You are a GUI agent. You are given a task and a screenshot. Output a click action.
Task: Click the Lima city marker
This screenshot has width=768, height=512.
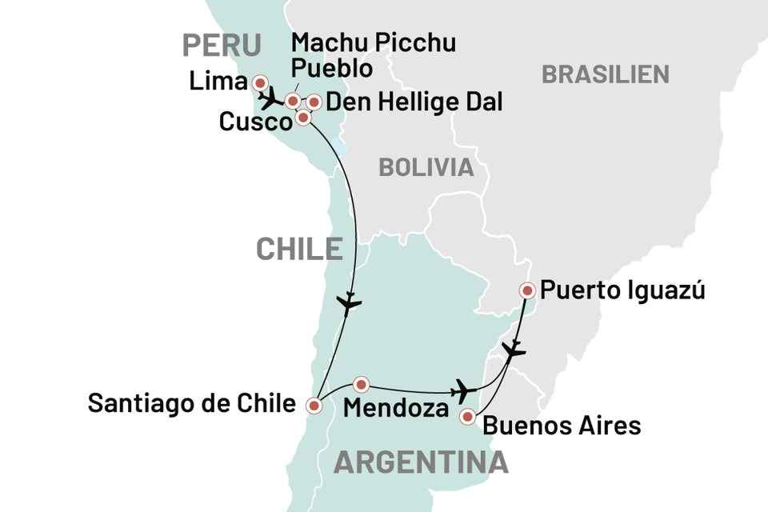[260, 83]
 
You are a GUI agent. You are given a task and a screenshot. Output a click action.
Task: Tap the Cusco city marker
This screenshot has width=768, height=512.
[303, 118]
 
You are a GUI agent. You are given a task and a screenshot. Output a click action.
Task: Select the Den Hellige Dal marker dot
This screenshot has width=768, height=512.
[314, 102]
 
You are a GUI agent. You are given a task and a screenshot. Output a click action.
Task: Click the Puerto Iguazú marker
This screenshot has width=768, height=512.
[527, 290]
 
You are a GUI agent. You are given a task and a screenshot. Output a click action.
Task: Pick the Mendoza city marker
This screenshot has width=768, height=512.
[361, 384]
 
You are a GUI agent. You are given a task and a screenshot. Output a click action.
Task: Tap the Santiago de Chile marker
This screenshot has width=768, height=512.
[314, 406]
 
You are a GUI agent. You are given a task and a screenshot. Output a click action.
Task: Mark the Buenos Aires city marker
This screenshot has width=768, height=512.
[467, 416]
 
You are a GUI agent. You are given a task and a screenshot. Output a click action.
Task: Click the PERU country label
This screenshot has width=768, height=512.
[221, 46]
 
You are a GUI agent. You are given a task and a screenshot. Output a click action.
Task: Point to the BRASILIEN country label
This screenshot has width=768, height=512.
[606, 74]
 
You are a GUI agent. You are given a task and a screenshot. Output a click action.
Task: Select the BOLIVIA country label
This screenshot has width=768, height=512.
[426, 168]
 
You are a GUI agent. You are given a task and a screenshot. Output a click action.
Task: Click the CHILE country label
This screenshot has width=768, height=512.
[298, 249]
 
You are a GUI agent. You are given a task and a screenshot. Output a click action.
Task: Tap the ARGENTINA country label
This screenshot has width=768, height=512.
[422, 462]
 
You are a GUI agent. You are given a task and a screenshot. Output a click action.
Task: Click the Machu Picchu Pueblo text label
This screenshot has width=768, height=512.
[374, 55]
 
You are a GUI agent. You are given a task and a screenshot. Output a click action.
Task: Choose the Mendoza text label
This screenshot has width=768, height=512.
[394, 409]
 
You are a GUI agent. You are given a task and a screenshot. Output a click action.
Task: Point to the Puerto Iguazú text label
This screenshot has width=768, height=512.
[622, 290]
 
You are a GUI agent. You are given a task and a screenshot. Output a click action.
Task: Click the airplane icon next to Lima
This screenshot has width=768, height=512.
[272, 98]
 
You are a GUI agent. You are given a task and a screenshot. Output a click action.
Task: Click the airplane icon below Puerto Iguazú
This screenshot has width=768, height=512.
[513, 350]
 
